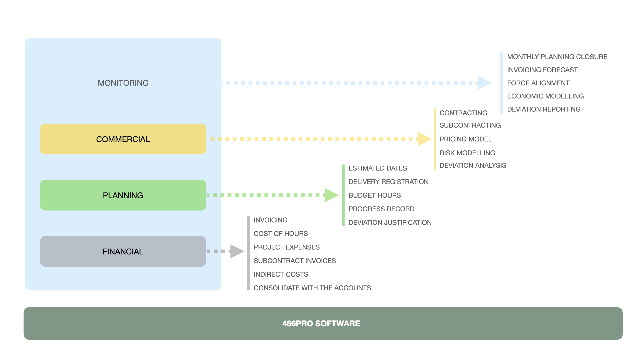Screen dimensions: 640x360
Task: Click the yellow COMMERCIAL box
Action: pyautogui.click(x=123, y=139)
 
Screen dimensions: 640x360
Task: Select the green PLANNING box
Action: pyautogui.click(x=123, y=195)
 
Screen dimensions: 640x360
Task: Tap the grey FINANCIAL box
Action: pyautogui.click(x=123, y=251)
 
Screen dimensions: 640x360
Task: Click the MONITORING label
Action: pyautogui.click(x=123, y=83)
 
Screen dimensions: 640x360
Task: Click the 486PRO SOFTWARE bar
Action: pyautogui.click(x=323, y=323)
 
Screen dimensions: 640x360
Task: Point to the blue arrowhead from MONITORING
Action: pyautogui.click(x=484, y=83)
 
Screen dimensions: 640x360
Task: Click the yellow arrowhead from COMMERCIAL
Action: pyautogui.click(x=425, y=139)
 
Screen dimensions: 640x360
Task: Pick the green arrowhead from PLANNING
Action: pyautogui.click(x=332, y=195)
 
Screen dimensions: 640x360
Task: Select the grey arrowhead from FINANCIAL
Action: pyautogui.click(x=237, y=251)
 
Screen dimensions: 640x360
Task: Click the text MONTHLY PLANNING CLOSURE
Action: pyautogui.click(x=557, y=57)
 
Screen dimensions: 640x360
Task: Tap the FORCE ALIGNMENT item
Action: pyautogui.click(x=538, y=83)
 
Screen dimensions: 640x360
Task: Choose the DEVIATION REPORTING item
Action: pyautogui.click(x=544, y=109)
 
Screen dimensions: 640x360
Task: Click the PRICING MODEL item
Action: pyautogui.click(x=466, y=139)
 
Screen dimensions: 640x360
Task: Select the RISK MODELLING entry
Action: pyautogui.click(x=467, y=153)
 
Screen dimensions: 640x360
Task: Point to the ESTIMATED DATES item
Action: pyautogui.click(x=378, y=168)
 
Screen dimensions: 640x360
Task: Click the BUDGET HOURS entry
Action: pyautogui.click(x=375, y=195)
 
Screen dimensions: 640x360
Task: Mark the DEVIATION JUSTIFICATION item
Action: pyautogui.click(x=390, y=223)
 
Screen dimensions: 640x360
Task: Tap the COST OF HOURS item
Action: pyautogui.click(x=281, y=234)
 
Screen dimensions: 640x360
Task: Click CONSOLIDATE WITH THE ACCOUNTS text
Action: pyautogui.click(x=312, y=288)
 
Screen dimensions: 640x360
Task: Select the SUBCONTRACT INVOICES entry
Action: pyautogui.click(x=295, y=261)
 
